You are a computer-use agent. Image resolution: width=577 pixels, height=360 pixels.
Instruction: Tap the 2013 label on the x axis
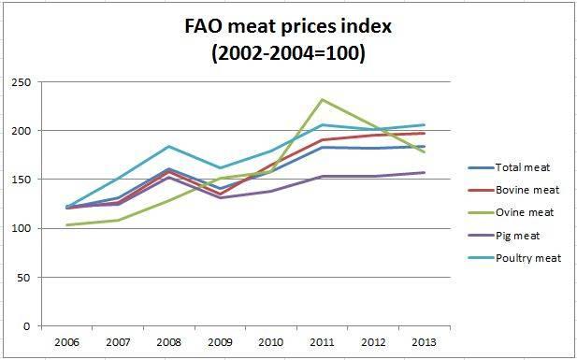[x=425, y=343]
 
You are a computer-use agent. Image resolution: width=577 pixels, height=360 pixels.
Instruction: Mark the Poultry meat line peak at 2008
[x=169, y=146]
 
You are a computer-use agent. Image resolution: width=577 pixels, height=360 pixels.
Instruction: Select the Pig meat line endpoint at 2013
[x=425, y=172]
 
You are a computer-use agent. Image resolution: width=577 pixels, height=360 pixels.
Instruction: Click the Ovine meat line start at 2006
[x=67, y=224]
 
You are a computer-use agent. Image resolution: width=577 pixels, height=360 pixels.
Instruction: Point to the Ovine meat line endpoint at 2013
[x=425, y=151]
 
